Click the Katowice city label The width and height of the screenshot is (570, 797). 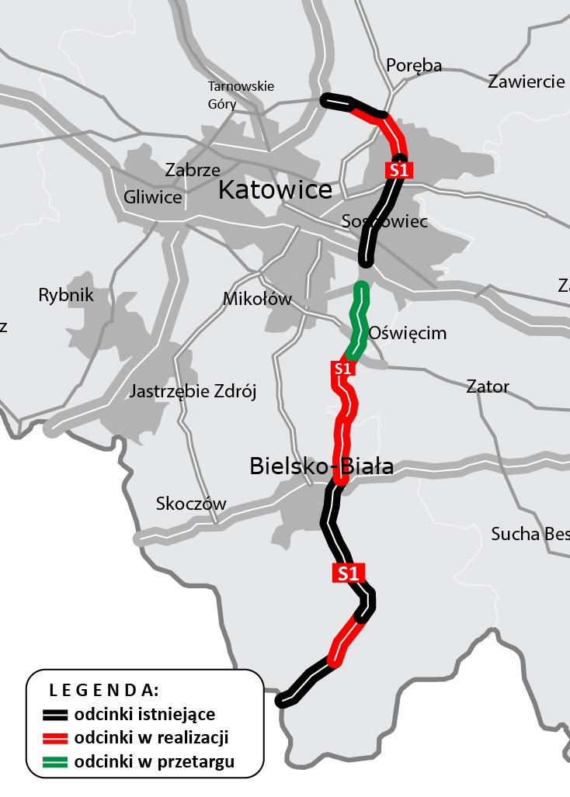coord(275,190)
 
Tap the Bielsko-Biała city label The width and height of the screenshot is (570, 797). coord(321,466)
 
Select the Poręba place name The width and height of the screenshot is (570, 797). coord(413,65)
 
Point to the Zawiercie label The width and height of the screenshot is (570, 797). coord(526,81)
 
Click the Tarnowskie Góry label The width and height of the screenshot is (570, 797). coord(241,95)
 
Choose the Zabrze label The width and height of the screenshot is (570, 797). coord(193,169)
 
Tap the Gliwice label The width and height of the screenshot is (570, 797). coord(152,197)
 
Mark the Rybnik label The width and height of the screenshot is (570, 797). coord(65,295)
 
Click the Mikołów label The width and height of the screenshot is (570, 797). coord(256,299)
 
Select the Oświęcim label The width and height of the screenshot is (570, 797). coord(407,333)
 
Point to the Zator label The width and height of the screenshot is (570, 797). coord(487,386)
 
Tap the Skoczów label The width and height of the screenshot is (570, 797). coord(191,504)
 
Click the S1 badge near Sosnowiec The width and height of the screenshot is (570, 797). coord(398,170)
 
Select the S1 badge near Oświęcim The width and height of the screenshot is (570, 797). coord(343,369)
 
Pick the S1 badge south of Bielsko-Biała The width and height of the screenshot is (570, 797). coord(348,573)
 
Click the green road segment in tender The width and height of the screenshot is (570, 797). coord(359,318)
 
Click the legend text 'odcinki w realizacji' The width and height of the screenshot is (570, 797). coord(151,737)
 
